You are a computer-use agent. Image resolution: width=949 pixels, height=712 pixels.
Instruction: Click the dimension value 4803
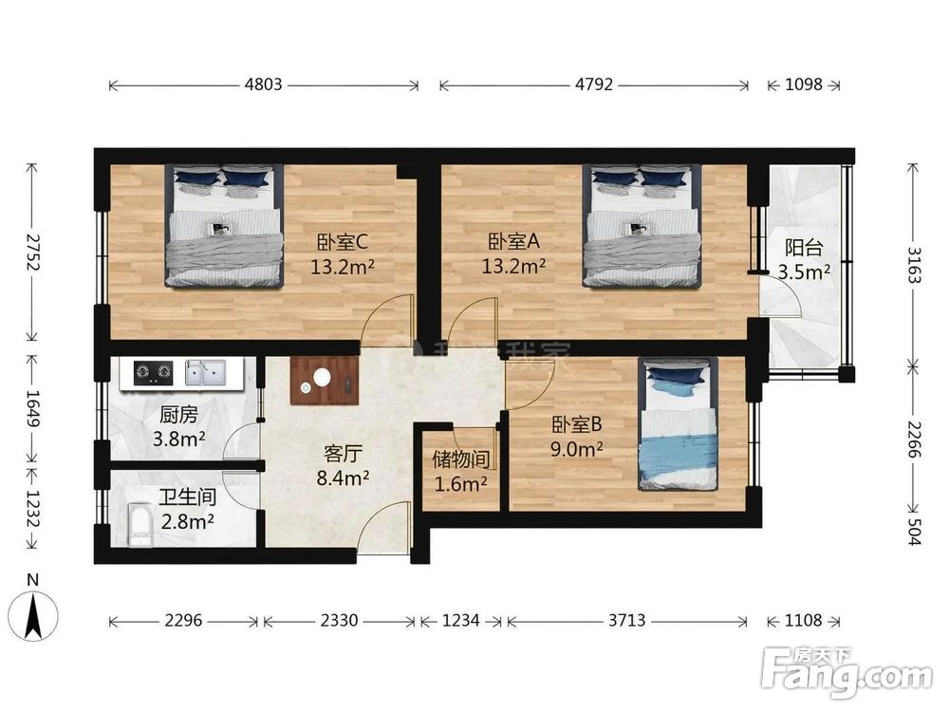263,84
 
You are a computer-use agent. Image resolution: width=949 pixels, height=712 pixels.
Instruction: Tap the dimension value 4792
594,84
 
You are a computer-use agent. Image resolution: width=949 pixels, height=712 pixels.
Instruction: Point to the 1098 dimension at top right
804,84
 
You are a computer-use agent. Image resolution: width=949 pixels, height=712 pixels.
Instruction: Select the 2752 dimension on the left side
31,252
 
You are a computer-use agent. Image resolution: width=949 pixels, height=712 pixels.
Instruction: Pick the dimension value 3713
626,620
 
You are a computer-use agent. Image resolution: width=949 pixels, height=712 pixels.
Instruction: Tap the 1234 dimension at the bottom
461,620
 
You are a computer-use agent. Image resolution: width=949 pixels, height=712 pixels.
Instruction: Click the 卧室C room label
343,243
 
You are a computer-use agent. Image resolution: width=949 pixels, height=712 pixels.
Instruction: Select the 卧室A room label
513,242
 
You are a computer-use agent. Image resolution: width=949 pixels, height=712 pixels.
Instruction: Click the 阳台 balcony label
804,248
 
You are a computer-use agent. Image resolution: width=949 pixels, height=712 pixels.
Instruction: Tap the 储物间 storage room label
460,460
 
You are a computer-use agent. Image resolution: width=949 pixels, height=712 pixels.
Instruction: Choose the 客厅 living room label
344,454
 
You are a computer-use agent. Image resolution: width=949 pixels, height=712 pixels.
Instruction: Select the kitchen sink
205,372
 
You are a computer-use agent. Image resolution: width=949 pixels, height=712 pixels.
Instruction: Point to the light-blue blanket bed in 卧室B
678,423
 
